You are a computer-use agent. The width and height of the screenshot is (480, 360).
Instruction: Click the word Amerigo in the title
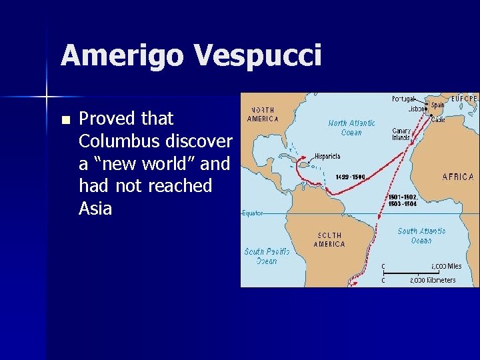coord(121,55)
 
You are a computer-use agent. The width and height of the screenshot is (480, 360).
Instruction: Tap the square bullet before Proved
coord(65,121)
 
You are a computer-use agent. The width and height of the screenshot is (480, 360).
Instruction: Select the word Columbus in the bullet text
coord(122,141)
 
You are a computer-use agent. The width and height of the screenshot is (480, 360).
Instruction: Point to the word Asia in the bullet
coord(95,209)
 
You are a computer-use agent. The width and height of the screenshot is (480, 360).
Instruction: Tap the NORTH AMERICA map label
coord(263,114)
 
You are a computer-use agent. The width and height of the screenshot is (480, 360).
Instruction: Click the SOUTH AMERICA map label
coord(329,239)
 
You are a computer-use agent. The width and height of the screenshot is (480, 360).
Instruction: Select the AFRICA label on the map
coord(458,177)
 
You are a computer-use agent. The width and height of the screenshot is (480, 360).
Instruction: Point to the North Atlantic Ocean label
coord(351,127)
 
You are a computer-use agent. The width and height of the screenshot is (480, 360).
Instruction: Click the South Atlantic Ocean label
coord(421,235)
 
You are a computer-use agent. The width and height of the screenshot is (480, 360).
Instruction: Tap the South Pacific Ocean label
coord(267,256)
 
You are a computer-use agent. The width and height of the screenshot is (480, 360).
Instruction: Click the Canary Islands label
coord(401,134)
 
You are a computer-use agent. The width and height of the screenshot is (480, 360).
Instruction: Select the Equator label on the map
coord(252,213)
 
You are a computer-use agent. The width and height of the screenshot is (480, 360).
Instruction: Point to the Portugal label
coord(403,99)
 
